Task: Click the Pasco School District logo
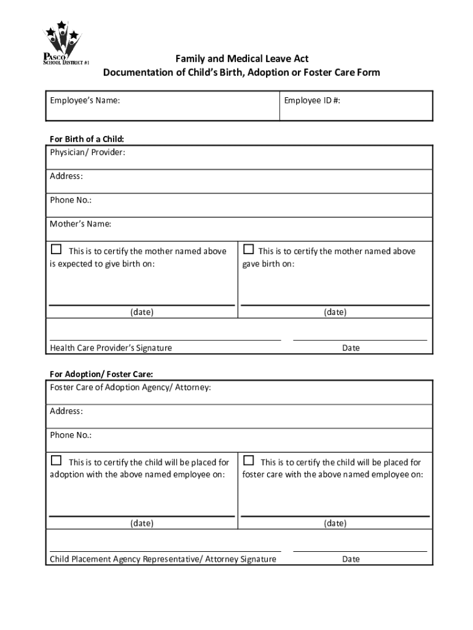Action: pos(62,44)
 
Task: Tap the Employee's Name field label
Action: pos(85,100)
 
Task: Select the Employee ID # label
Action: pos(312,100)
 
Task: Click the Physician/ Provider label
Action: pos(87,152)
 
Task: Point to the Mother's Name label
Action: pos(80,224)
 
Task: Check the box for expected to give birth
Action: pos(57,250)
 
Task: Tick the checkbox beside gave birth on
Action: pos(248,250)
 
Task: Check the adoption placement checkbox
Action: pos(57,461)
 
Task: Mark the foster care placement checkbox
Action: pos(248,461)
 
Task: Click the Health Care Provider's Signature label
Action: pos(111,348)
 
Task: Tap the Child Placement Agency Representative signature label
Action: pos(163,559)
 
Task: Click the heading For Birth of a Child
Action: pos(91,139)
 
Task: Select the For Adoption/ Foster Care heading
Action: pos(101,374)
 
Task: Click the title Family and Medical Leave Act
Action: pos(242,59)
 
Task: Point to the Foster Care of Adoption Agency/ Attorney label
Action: pos(130,388)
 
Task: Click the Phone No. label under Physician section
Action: pos(71,200)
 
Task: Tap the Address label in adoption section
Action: pos(66,411)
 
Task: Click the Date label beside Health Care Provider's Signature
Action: pos(351,348)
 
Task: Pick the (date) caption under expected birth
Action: pos(141,312)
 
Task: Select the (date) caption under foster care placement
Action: pos(335,524)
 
